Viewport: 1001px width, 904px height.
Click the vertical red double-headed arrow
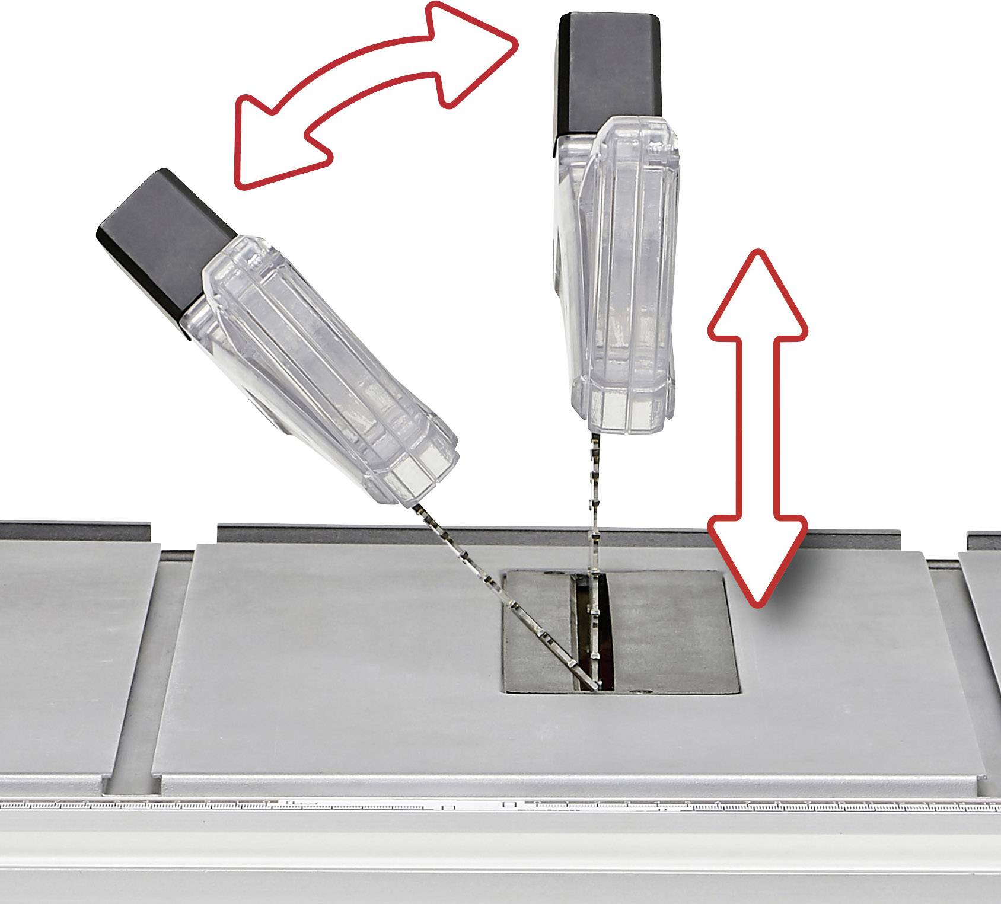click(758, 427)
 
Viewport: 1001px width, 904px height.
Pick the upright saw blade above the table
click(593, 504)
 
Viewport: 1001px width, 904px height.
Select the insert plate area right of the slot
click(670, 628)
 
